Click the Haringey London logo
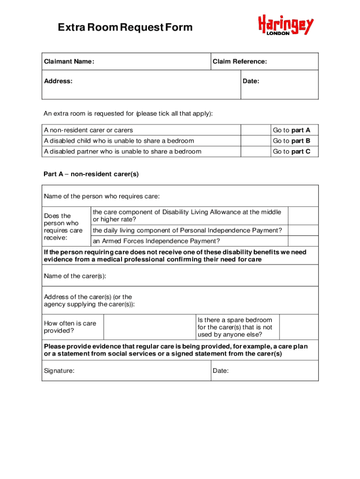click(x=286, y=26)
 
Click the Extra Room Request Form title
click(x=125, y=28)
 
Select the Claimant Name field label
click(x=69, y=62)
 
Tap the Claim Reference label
click(x=240, y=62)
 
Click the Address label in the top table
click(x=58, y=81)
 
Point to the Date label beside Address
click(x=251, y=81)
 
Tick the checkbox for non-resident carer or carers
click(x=255, y=130)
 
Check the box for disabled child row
click(x=255, y=141)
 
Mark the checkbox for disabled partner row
click(x=255, y=151)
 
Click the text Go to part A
click(x=291, y=130)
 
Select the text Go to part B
click(x=291, y=141)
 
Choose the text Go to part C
click(x=291, y=151)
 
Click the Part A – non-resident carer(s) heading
click(x=91, y=174)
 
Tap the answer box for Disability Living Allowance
click(x=303, y=216)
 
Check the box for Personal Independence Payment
click(x=303, y=230)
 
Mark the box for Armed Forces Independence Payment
click(x=303, y=241)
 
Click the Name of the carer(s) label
click(x=75, y=276)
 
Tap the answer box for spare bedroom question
click(x=299, y=327)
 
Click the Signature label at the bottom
click(x=59, y=370)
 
